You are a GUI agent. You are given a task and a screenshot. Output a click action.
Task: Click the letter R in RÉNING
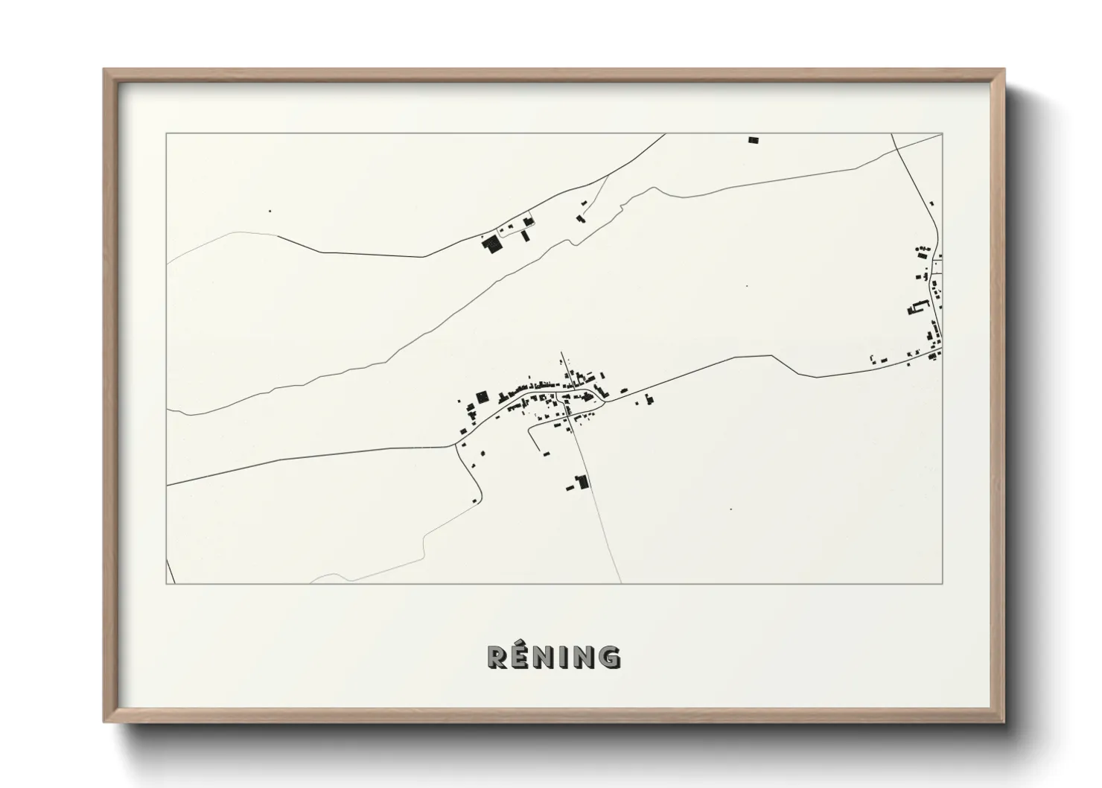click(498, 657)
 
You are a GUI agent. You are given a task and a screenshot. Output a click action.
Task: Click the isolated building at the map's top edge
click(753, 139)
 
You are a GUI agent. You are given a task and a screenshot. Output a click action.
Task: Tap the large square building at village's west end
click(482, 395)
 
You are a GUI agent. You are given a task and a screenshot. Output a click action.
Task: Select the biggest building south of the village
click(583, 482)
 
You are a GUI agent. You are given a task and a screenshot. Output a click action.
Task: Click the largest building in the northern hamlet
click(491, 244)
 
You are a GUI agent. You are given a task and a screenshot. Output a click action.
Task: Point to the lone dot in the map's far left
click(270, 211)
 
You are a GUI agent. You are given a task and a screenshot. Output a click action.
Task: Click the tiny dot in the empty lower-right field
click(730, 509)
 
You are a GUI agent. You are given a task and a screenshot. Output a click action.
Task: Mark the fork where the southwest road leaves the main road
click(455, 445)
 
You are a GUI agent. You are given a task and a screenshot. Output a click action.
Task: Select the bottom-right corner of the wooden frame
click(1002, 721)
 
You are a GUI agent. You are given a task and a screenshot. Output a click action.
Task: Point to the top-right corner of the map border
click(943, 133)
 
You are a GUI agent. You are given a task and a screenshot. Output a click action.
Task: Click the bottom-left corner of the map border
click(166, 584)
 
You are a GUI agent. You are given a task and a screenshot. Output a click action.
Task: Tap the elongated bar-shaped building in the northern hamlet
click(525, 235)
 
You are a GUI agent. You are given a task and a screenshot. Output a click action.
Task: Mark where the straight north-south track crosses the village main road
click(570, 408)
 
